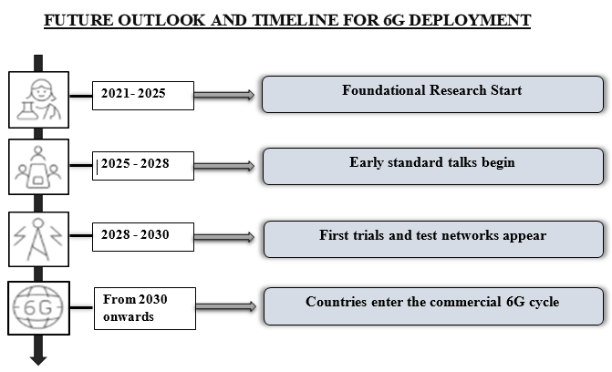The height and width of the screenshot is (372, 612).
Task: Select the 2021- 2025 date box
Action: tap(143, 96)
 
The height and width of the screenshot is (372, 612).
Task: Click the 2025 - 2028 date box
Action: tap(143, 166)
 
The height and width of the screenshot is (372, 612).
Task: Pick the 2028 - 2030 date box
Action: tap(143, 237)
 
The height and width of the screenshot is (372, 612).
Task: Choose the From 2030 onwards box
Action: tap(145, 308)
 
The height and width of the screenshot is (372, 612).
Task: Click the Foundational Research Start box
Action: tap(433, 95)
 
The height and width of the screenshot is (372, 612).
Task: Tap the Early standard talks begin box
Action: tap(433, 166)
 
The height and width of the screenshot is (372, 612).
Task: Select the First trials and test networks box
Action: tap(433, 239)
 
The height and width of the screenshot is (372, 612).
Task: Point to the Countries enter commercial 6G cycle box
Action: tap(433, 306)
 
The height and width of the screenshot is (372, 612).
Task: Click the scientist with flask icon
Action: tap(38, 99)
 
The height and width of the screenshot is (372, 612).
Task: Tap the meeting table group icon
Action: tap(38, 167)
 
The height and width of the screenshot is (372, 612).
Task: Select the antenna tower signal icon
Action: tap(38, 239)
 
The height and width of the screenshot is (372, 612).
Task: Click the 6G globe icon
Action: tap(38, 308)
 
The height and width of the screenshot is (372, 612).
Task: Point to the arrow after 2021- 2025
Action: tap(224, 95)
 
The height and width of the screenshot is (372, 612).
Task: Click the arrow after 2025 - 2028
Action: tap(224, 166)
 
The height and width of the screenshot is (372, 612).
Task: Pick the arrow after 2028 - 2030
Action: tap(224, 237)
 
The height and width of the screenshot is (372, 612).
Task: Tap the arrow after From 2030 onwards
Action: tap(226, 306)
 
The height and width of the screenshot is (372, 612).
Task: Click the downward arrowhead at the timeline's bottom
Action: tap(38, 360)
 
